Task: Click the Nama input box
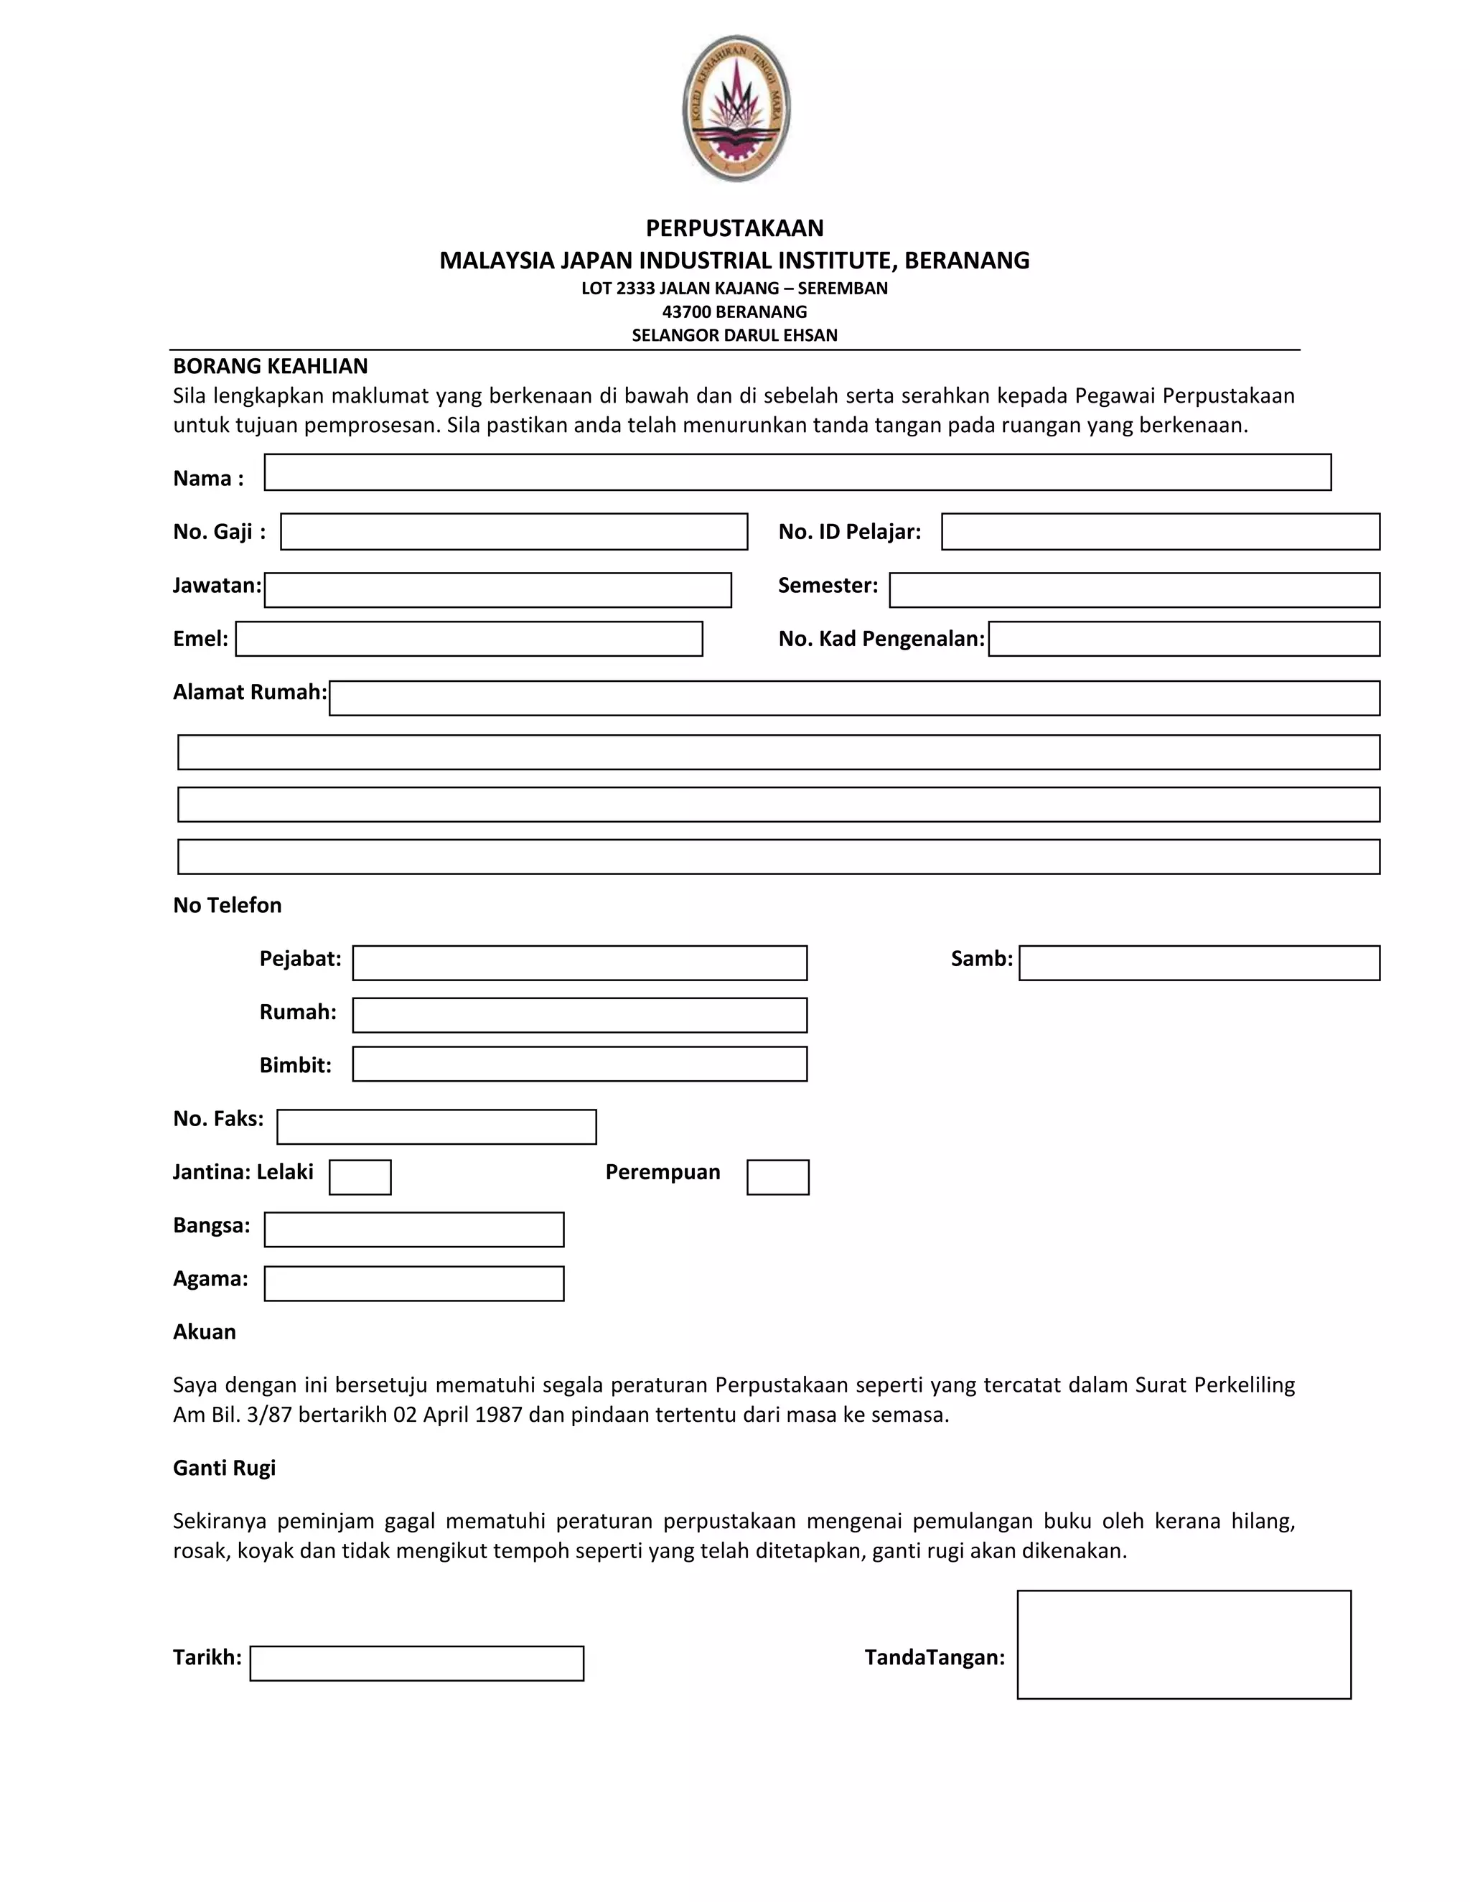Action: pyautogui.click(x=797, y=472)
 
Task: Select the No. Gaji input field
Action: pyautogui.click(x=514, y=531)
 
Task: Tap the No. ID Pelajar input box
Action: pyautogui.click(x=1160, y=531)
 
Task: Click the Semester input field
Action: pyautogui.click(x=1134, y=589)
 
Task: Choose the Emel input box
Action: pyautogui.click(x=469, y=638)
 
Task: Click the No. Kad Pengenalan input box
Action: pyautogui.click(x=1184, y=638)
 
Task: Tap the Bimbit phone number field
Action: pyautogui.click(x=579, y=1064)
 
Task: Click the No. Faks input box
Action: pyautogui.click(x=436, y=1126)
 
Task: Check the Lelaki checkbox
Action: pyautogui.click(x=360, y=1176)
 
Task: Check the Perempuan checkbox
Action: pyautogui.click(x=777, y=1176)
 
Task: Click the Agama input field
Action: pyautogui.click(x=413, y=1283)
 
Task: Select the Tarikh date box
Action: pyautogui.click(x=416, y=1662)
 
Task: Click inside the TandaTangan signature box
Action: pyautogui.click(x=1184, y=1644)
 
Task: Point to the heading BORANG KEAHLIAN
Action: pyautogui.click(x=270, y=366)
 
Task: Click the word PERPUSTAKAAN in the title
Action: pyautogui.click(x=734, y=228)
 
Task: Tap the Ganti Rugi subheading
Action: pyautogui.click(x=224, y=1468)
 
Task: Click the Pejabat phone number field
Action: pyautogui.click(x=579, y=962)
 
